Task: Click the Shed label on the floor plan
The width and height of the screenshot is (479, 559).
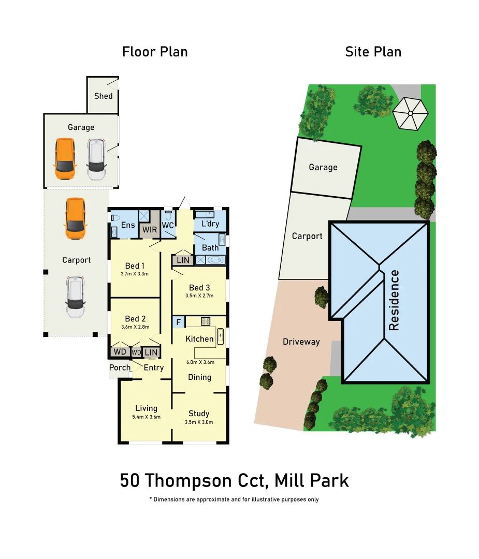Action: [103, 96]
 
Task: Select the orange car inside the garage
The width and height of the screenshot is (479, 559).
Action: [65, 158]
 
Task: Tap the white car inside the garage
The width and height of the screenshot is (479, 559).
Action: [96, 159]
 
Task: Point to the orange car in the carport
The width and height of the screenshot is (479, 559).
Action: [75, 218]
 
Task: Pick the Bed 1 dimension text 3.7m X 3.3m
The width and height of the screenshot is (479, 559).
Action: [134, 274]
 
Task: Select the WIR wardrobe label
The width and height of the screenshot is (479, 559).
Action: [150, 229]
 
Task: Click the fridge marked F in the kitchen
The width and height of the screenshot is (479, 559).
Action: [178, 322]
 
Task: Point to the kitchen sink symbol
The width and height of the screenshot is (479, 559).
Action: [220, 336]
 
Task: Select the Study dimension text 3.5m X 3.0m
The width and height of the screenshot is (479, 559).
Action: [199, 422]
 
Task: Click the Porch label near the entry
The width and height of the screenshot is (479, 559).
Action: [120, 367]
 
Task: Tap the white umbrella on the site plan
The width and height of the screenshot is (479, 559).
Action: [410, 112]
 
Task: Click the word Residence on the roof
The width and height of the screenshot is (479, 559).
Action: [394, 300]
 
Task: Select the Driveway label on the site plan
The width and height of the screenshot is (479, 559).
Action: [301, 342]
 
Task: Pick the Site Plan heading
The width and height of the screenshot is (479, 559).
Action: [373, 52]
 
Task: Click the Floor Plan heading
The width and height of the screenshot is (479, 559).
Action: [155, 52]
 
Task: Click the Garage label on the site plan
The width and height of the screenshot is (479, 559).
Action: [323, 167]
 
